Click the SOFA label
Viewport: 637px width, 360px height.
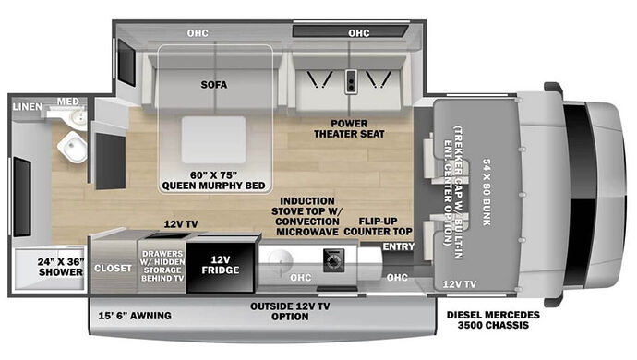tap(214, 85)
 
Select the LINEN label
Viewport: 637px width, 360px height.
tap(26, 107)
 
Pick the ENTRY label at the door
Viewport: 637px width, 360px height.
tap(399, 246)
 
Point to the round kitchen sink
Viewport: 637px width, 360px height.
tap(273, 262)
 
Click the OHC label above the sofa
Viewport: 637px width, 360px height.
tap(197, 34)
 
